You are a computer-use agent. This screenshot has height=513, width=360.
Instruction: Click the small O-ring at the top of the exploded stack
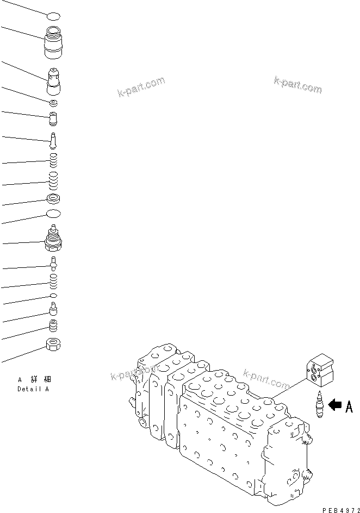coord(53,17)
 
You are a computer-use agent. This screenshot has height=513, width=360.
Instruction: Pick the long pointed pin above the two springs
coord(53,140)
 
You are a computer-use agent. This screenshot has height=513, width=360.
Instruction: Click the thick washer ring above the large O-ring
coord(53,199)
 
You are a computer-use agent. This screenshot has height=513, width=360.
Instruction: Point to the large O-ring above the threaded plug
coord(53,214)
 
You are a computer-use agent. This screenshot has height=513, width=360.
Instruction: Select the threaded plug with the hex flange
coord(53,239)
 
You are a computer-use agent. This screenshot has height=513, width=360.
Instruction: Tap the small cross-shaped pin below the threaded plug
coord(53,264)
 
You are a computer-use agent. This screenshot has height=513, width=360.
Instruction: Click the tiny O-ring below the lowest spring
coord(53,295)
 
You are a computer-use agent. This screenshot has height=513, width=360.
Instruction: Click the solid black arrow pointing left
coord(335,404)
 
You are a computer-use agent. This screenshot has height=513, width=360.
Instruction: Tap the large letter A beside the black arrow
coord(349,406)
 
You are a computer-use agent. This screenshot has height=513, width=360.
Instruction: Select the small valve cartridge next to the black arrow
coord(319,405)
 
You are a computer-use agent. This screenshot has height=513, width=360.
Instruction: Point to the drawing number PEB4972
coord(339,508)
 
